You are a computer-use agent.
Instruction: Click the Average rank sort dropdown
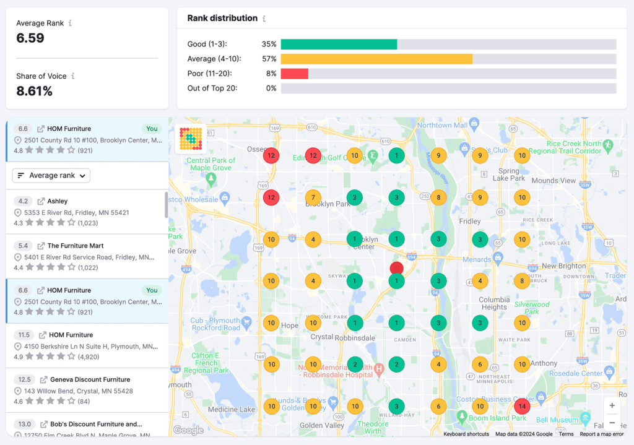(51, 176)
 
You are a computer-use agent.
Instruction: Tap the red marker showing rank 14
(522, 407)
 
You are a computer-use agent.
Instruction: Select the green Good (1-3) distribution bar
(339, 45)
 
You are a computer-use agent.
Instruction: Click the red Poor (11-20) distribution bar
(294, 74)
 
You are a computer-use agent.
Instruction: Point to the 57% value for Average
(269, 59)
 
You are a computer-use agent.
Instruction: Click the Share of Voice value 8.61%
(34, 92)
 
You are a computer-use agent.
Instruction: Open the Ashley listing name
(58, 201)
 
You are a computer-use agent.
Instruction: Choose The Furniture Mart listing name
(75, 246)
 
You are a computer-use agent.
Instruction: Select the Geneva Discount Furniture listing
(90, 379)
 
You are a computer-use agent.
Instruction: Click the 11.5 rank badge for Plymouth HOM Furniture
(23, 335)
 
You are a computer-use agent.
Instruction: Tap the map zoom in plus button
(612, 405)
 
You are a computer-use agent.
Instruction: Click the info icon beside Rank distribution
(264, 19)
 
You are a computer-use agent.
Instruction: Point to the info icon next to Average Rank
(70, 24)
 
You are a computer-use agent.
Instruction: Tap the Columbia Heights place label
(494, 303)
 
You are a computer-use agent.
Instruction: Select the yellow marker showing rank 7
(313, 198)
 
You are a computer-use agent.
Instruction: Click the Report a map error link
(602, 434)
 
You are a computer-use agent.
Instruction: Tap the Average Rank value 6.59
(30, 38)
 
